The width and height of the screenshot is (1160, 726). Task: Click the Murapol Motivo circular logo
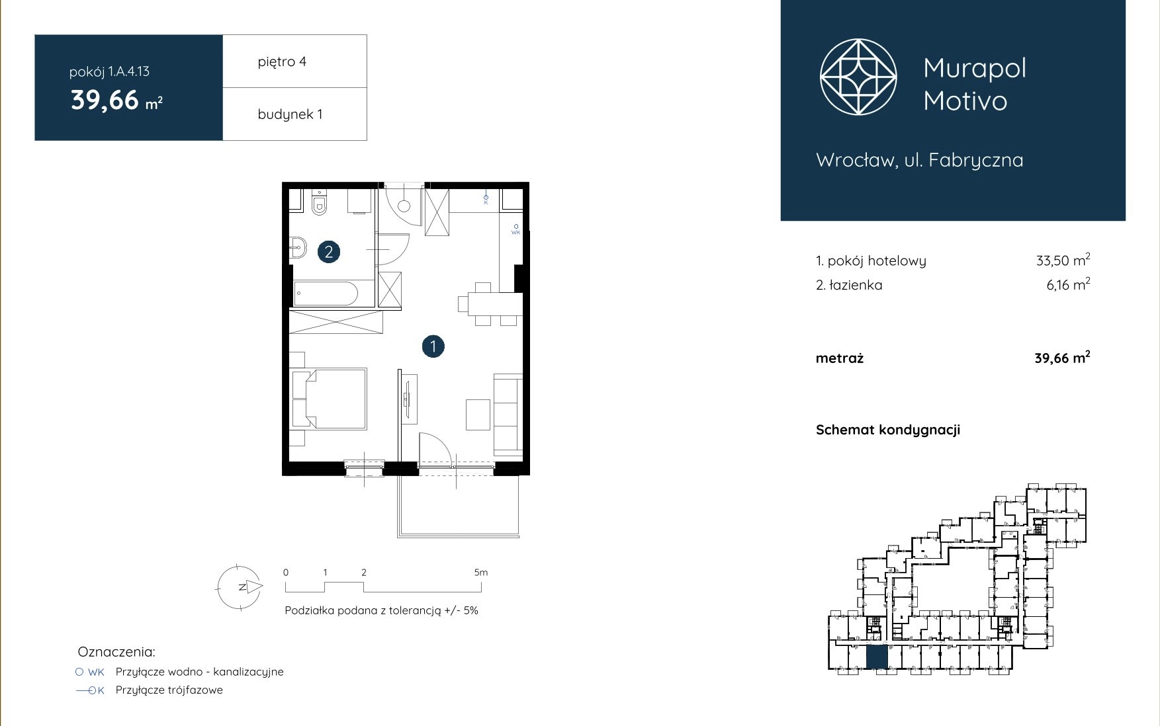858,77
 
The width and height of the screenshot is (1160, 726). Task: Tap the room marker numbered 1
433,346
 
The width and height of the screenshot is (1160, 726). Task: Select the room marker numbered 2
329,251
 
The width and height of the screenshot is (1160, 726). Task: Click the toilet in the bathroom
320,202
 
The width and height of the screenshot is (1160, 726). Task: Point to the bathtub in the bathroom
326,294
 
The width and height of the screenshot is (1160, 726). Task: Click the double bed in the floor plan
329,399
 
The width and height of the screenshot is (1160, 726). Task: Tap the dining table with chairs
490,305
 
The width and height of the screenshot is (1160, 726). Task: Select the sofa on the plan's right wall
508,415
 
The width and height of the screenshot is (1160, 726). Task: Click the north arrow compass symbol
240,587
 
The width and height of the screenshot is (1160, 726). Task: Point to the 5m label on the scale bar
481,573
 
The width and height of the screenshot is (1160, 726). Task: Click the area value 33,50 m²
1063,260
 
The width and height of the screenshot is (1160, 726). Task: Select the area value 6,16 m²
1068,284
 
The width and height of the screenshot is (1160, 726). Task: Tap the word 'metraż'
840,358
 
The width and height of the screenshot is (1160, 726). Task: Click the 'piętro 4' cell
294,61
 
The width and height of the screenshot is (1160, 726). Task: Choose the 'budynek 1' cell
294,114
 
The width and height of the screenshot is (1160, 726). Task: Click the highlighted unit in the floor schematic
877,657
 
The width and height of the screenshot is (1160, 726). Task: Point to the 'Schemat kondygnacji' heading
888,430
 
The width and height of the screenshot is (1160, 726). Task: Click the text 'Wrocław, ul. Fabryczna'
920,160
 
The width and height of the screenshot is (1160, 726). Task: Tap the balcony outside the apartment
458,506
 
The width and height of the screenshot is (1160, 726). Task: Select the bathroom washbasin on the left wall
297,249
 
